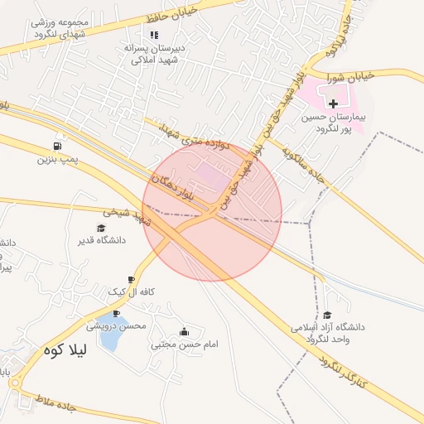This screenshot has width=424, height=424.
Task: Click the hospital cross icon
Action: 333,104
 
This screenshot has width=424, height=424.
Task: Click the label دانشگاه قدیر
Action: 100,240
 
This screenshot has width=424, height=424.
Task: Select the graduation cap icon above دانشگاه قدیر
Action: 101,228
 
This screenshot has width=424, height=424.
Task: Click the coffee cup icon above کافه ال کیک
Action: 131,280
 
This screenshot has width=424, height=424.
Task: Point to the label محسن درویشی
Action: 117,325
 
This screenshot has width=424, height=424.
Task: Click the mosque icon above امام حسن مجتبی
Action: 184,332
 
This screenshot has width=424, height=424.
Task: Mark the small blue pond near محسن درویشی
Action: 105,330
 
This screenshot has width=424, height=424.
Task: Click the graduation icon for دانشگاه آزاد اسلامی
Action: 328,315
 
